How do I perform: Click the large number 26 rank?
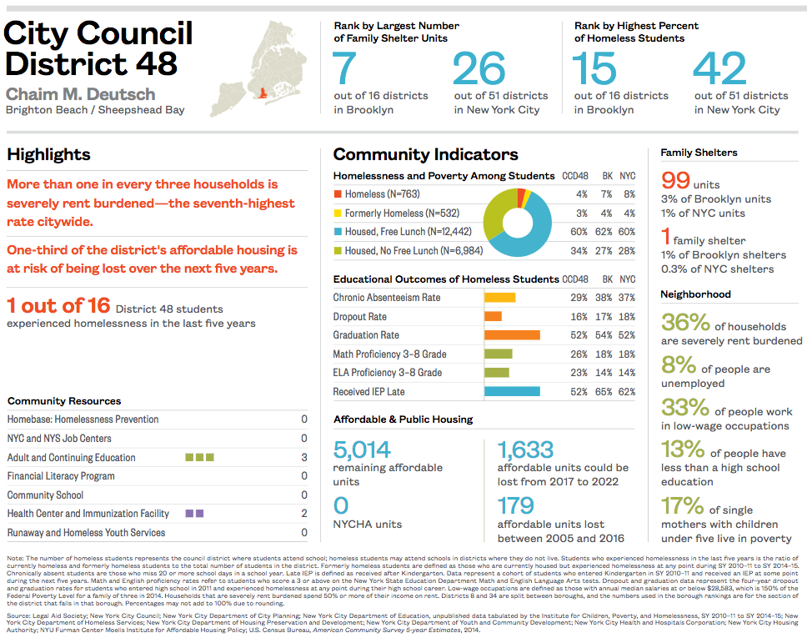[479, 70]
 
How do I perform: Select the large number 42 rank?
[719, 70]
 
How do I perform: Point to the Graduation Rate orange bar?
[512, 335]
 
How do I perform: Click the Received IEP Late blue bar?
[512, 391]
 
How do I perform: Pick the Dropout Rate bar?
[493, 317]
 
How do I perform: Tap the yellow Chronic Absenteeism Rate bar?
[499, 298]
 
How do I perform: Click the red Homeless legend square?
[338, 194]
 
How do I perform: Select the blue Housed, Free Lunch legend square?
[338, 232]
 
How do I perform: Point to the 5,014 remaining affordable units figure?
[362, 451]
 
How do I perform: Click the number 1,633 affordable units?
[525, 451]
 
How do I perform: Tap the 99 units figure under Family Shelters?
[675, 180]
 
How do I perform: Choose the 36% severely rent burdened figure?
[685, 323]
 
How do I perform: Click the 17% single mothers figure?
[682, 505]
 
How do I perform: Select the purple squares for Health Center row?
[194, 514]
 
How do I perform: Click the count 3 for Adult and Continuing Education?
[304, 458]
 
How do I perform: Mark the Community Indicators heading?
[425, 154]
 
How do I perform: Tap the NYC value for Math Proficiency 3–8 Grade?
[627, 354]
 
